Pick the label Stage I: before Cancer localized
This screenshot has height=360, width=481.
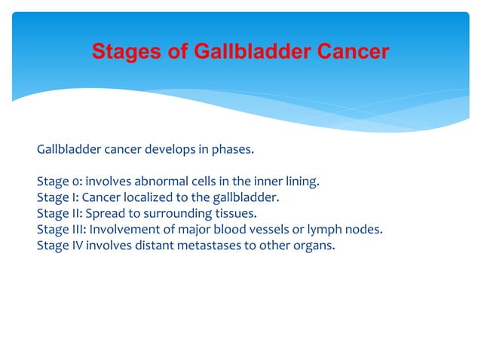pos(57,197)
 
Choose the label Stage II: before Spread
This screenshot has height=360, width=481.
pos(59,213)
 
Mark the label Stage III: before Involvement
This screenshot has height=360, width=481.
pos(61,229)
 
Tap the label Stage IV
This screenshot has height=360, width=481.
pos(60,245)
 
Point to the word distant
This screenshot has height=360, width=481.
pos(155,245)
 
